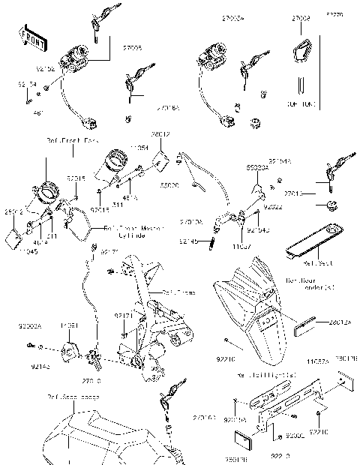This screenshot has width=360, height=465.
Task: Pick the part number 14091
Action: coord(70,326)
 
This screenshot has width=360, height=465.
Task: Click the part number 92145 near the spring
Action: coord(190,241)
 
